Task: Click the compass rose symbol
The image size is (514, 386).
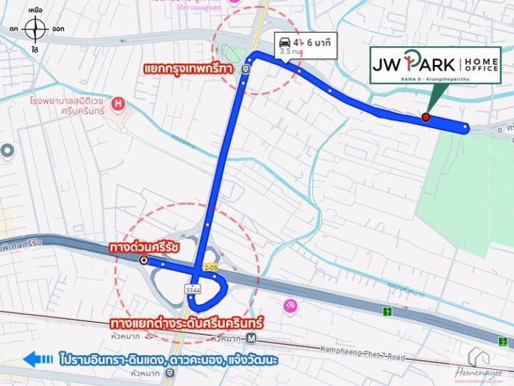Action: click(x=35, y=29)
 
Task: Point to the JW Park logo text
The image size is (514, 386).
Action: click(x=414, y=65)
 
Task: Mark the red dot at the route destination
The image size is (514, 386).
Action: click(x=426, y=117)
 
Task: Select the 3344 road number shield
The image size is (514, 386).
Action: click(x=193, y=289)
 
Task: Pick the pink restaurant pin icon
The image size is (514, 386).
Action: click(x=290, y=306)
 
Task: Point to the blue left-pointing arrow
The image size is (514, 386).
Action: click(x=37, y=360)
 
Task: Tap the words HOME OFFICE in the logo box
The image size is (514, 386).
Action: click(x=481, y=65)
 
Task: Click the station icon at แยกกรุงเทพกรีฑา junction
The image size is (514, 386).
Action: click(x=247, y=68)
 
